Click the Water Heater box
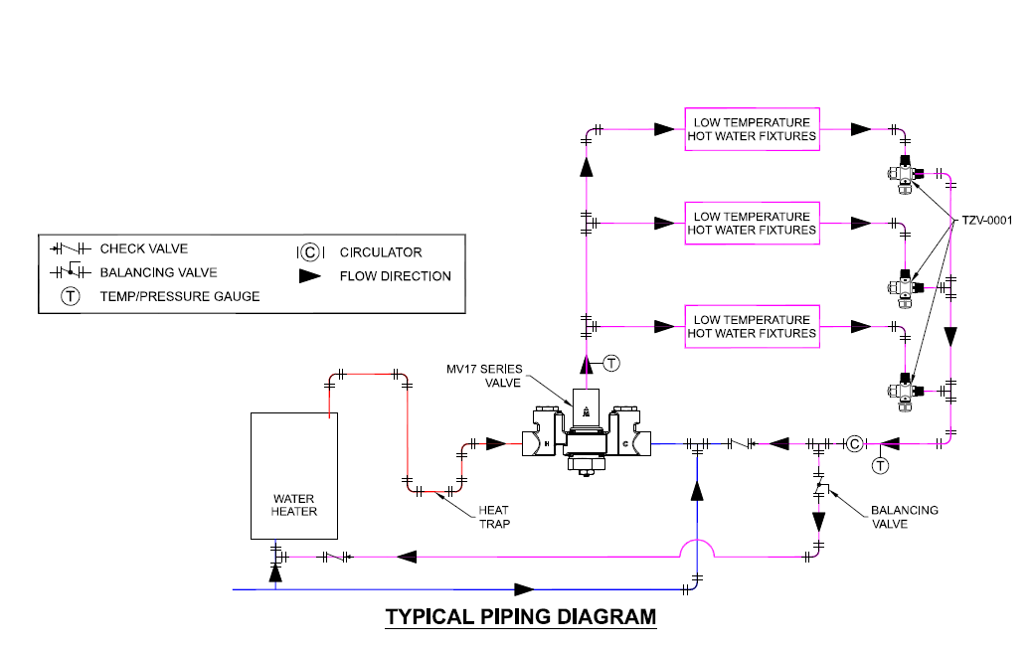pyautogui.click(x=294, y=475)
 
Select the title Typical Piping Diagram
pyautogui.click(x=521, y=616)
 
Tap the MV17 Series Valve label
pyautogui.click(x=484, y=375)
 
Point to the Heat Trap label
pyautogui.click(x=494, y=517)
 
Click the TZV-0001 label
pyautogui.click(x=986, y=220)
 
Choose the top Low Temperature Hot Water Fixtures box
pyautogui.click(x=752, y=129)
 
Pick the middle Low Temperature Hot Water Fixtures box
pyautogui.click(x=752, y=223)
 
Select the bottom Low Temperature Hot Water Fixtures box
pyautogui.click(x=752, y=326)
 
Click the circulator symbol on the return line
pyautogui.click(x=853, y=443)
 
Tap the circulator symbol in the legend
pyautogui.click(x=309, y=252)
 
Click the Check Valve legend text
pyautogui.click(x=143, y=248)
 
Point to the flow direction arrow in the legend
pyautogui.click(x=310, y=276)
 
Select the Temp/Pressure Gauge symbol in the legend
pyautogui.click(x=71, y=296)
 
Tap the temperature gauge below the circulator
pyautogui.click(x=879, y=465)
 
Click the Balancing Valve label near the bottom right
pyautogui.click(x=904, y=517)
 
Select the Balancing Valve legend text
pyautogui.click(x=158, y=272)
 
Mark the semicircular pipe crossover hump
pyautogui.click(x=698, y=548)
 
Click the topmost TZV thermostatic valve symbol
pyautogui.click(x=905, y=174)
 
